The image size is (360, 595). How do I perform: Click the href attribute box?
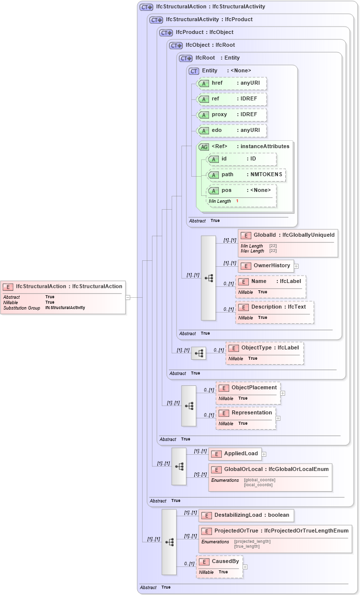[231, 83]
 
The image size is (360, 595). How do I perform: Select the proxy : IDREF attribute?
[231, 115]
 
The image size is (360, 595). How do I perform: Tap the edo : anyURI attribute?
[231, 130]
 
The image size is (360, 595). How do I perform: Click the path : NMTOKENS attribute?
[246, 175]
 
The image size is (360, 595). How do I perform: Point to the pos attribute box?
[241, 195]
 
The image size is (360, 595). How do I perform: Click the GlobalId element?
[288, 242]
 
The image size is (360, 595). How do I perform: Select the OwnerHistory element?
[266, 266]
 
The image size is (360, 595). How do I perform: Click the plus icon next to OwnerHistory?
[297, 266]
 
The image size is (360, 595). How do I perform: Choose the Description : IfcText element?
[274, 312]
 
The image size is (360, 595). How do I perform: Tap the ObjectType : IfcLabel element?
[265, 352]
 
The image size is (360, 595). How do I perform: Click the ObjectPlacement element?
[248, 392]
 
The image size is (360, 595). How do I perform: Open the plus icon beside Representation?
[278, 418]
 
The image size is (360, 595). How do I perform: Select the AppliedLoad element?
[235, 454]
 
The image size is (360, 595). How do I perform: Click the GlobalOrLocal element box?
[270, 476]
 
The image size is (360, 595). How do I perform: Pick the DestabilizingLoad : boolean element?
[246, 515]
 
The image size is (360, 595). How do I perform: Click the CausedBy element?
[219, 566]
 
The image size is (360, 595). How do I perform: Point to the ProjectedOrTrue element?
[275, 538]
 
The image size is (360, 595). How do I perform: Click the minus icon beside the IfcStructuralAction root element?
[128, 297]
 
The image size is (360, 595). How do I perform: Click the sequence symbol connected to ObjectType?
[199, 353]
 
